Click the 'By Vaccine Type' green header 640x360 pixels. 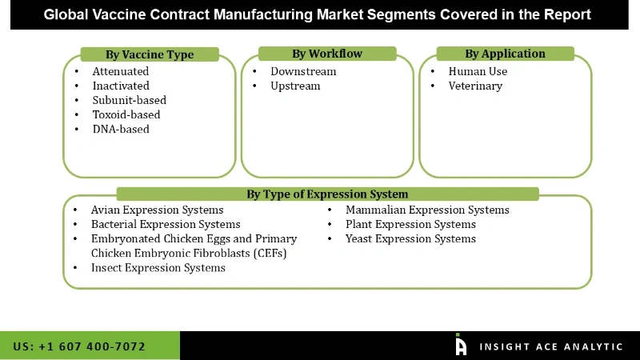point(150,54)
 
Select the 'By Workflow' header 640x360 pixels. point(326,54)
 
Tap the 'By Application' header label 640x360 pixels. point(505,54)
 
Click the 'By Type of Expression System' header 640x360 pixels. point(327,194)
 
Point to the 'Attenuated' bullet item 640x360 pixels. point(121,71)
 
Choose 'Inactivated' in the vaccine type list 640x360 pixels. point(121,86)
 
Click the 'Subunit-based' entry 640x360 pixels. point(130,100)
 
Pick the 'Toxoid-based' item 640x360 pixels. point(126,114)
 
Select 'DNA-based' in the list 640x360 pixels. point(121,129)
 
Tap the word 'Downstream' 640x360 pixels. point(303,71)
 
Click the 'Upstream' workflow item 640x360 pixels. point(295,86)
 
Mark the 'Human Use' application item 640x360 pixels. point(478,71)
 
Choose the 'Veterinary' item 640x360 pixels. point(475,86)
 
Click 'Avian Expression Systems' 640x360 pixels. point(157,210)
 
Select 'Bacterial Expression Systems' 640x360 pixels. point(166,224)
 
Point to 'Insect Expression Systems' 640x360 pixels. point(158,268)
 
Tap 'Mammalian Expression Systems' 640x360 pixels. point(427,210)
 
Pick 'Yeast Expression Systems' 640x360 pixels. point(410,238)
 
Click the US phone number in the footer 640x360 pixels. point(79,346)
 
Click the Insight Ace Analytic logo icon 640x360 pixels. point(461,345)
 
